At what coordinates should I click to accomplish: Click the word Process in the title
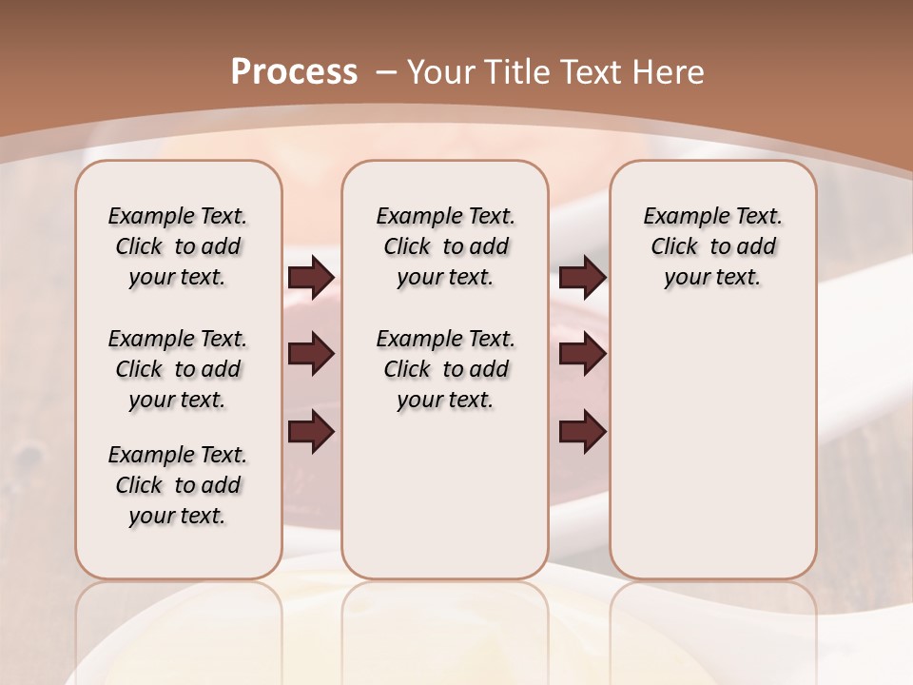pos(294,71)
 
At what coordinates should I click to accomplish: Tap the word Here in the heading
pos(668,71)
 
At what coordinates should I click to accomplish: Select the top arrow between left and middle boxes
pos(311,277)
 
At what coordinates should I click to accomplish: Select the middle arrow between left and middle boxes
pos(311,355)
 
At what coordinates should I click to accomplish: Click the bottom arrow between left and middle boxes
pos(311,432)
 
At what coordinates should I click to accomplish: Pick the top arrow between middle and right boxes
pos(582,277)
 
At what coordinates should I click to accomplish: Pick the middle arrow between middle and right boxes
pos(582,355)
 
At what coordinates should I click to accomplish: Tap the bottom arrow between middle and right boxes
pos(582,432)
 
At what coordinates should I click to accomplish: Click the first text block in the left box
pos(178,246)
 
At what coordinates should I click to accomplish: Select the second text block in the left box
pos(178,369)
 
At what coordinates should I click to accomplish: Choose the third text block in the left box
pos(178,485)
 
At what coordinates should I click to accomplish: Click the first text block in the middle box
pos(446,246)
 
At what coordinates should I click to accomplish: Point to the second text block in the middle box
pos(446,369)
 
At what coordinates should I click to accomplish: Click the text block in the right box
pos(713,246)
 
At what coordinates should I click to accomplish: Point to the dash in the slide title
pos(387,71)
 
